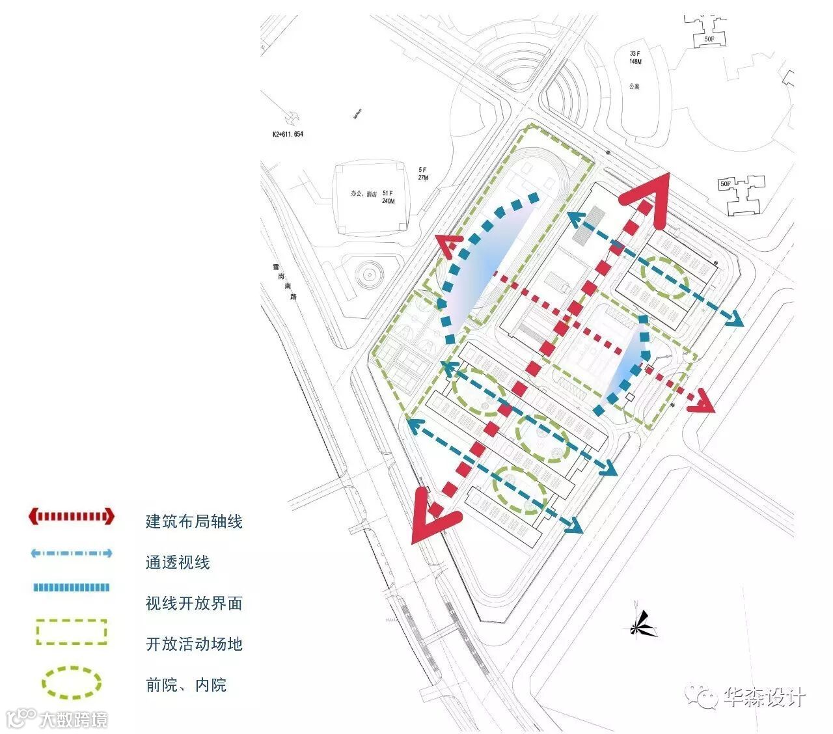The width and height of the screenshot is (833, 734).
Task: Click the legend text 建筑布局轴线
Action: click(194, 521)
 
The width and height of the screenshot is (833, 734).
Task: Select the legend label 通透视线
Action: click(178, 562)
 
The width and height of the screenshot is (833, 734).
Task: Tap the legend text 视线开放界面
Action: click(194, 603)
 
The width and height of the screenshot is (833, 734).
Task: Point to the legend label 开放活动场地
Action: click(194, 644)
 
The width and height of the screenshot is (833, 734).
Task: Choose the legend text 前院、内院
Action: click(186, 685)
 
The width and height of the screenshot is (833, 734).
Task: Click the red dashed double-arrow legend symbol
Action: click(71, 517)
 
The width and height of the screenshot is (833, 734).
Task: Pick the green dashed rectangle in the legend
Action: click(71, 632)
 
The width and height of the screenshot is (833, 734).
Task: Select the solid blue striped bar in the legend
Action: click(71, 588)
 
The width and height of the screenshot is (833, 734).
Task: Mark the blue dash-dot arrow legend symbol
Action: click(71, 554)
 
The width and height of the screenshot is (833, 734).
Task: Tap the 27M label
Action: click(423, 178)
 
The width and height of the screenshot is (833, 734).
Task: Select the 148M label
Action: click(635, 62)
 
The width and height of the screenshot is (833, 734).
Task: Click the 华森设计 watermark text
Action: click(764, 698)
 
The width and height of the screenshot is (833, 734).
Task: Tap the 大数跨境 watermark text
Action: click(72, 720)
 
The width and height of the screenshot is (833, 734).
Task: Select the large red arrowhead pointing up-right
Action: click(653, 198)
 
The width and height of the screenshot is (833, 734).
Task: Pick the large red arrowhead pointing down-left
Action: click(430, 517)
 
